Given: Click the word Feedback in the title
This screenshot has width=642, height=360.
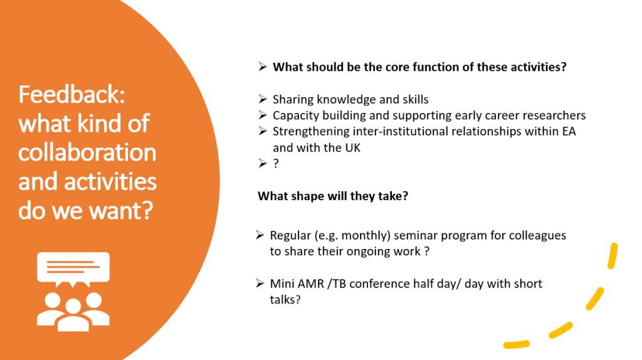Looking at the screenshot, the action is coord(71,95).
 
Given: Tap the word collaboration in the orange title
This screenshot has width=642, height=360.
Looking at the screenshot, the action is coord(87,152).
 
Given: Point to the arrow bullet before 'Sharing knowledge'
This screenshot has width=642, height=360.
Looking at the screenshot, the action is coord(263,99).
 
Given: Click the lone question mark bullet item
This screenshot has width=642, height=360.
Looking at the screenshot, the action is coord(276,164).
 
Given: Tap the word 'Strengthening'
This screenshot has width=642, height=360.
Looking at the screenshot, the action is coord(311,132).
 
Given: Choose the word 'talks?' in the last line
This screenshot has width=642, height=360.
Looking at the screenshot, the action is coord(285,300).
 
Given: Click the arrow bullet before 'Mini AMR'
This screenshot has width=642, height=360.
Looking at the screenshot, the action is coord(260,283).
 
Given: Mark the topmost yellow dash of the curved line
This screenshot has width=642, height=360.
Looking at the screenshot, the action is coord(613,256).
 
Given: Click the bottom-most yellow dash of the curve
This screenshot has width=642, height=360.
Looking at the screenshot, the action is coord(517,344).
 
